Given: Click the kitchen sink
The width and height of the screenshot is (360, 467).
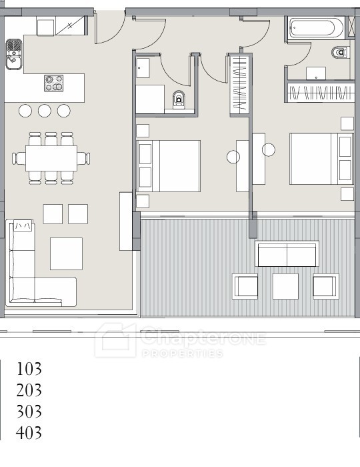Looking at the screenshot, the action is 14,54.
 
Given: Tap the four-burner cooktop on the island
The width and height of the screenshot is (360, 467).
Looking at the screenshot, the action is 54,83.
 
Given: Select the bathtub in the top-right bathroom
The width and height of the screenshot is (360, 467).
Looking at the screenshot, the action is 316,28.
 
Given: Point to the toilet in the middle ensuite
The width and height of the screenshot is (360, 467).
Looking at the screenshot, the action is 179,99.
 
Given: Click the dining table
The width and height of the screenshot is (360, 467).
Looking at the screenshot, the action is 51,158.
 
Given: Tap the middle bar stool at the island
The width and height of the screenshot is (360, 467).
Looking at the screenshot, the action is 44,111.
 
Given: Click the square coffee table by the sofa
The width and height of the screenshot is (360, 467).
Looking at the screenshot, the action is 66,254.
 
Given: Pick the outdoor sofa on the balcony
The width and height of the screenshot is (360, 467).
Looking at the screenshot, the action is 287,254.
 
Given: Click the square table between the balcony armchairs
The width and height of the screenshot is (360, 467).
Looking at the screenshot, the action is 285,286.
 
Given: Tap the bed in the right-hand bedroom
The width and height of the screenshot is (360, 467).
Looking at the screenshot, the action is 321,159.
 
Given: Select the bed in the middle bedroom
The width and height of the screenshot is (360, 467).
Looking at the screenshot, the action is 169,166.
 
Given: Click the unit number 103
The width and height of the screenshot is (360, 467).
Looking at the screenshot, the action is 29,369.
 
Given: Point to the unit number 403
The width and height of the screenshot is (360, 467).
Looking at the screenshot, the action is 29,433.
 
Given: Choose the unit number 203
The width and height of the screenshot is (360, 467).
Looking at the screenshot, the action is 29,390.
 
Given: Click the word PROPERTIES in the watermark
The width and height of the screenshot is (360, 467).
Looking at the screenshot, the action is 183,354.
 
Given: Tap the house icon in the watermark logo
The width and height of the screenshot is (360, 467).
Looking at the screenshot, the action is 115,340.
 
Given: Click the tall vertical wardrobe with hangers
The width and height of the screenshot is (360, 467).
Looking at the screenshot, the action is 239,83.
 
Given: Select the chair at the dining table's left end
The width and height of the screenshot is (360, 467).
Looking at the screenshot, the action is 19,158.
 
